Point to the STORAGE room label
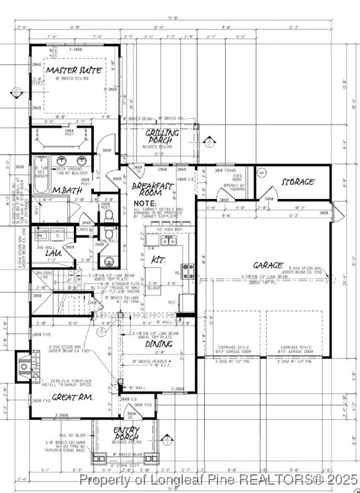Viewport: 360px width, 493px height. (x=298, y=182)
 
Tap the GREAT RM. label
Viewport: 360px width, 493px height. (x=71, y=397)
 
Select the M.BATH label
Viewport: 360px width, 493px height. (x=66, y=190)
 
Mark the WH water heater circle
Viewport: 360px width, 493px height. (x=261, y=173)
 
